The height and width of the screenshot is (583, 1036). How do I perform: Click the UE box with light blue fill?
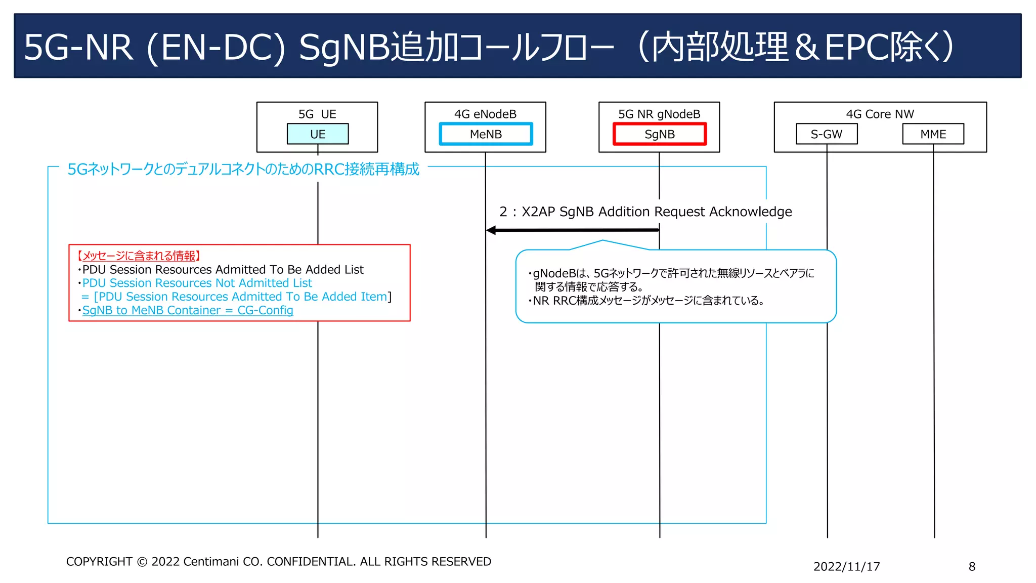318,134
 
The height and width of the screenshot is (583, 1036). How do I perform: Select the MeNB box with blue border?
486,134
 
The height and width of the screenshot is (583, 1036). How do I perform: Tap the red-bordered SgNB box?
659,134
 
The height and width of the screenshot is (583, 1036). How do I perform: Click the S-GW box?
827,134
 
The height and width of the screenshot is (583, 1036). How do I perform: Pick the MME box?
933,134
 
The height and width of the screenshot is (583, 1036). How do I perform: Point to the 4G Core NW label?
880,114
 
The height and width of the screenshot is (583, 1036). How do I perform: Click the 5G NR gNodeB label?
659,114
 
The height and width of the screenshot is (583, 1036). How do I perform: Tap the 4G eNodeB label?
485,114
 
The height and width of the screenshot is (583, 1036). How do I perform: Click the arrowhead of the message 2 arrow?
491,230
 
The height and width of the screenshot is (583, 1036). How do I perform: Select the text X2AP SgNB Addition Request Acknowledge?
656,212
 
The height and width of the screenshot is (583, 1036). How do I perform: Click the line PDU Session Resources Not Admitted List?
197,283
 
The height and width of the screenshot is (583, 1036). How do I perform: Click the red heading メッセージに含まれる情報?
139,256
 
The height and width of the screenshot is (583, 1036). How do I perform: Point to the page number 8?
972,567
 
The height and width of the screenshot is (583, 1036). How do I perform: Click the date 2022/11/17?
846,567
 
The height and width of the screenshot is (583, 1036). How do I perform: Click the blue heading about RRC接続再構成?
243,169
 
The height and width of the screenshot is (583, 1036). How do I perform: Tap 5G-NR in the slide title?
78,48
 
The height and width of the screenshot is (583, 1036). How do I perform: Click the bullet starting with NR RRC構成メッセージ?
647,301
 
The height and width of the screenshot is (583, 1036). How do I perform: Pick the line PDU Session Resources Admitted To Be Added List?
223,270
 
